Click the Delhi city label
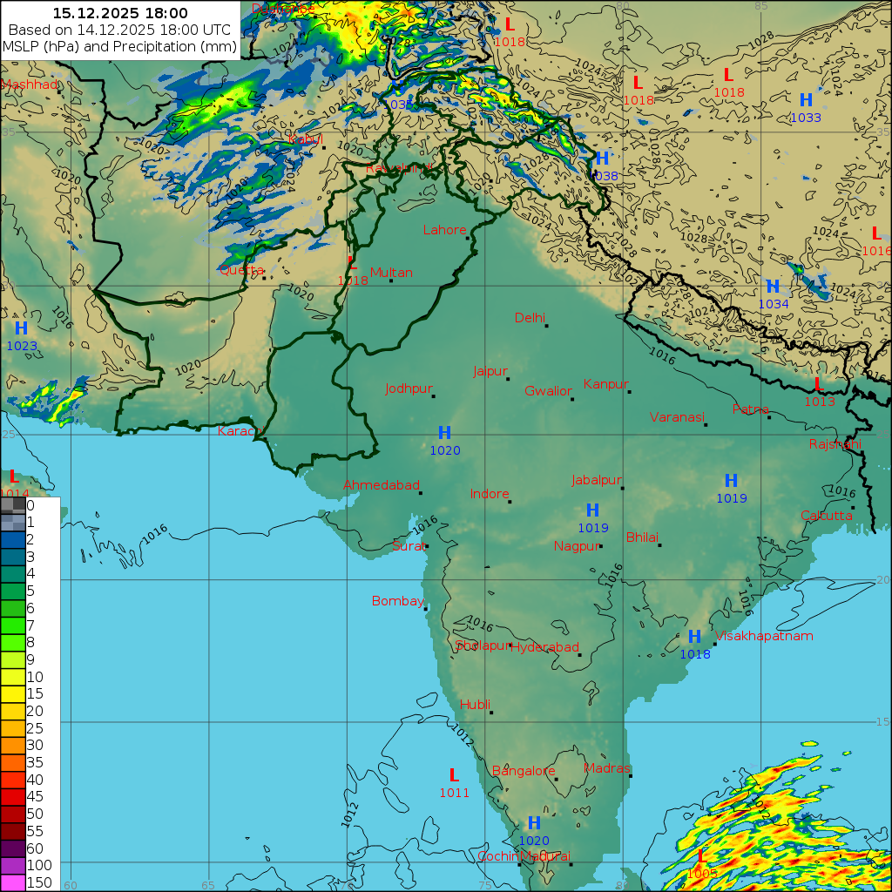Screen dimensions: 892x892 tap(529, 318)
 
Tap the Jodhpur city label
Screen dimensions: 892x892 tap(409, 389)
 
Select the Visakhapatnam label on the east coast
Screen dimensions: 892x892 tap(764, 636)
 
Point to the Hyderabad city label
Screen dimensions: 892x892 tap(544, 647)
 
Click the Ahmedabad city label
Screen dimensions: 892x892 tap(382, 485)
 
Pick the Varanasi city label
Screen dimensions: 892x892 tap(676, 417)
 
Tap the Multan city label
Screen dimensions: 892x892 tap(391, 273)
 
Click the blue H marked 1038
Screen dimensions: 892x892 tap(602, 159)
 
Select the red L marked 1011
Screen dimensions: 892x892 tap(453, 774)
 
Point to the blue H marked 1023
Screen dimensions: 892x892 tap(22, 328)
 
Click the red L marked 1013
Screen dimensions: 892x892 tap(819, 383)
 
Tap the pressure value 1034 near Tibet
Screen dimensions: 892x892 tap(773, 304)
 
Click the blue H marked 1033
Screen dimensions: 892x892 tap(806, 100)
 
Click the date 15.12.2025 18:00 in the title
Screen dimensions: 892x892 tap(119, 13)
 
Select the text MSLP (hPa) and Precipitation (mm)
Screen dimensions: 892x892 tap(119, 46)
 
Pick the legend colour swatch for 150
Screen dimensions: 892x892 tap(13, 882)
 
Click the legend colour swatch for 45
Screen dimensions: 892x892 tap(13, 796)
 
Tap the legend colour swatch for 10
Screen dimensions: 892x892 tap(13, 676)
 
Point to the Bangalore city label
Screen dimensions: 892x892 tap(524, 771)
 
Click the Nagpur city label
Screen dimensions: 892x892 tap(575, 546)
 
